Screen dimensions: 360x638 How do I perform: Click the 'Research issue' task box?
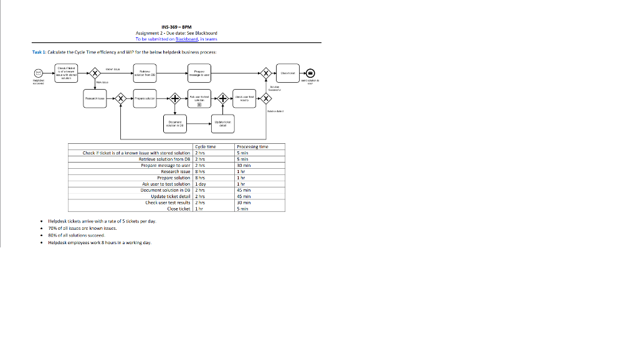95,98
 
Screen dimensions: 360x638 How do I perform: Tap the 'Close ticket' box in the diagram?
288,73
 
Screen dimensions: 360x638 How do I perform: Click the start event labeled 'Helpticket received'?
39,73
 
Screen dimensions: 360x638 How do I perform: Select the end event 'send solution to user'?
311,73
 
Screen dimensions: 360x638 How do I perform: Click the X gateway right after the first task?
95,73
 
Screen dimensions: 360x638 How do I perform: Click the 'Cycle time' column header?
206,146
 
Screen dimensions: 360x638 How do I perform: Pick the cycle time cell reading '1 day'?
201,184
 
